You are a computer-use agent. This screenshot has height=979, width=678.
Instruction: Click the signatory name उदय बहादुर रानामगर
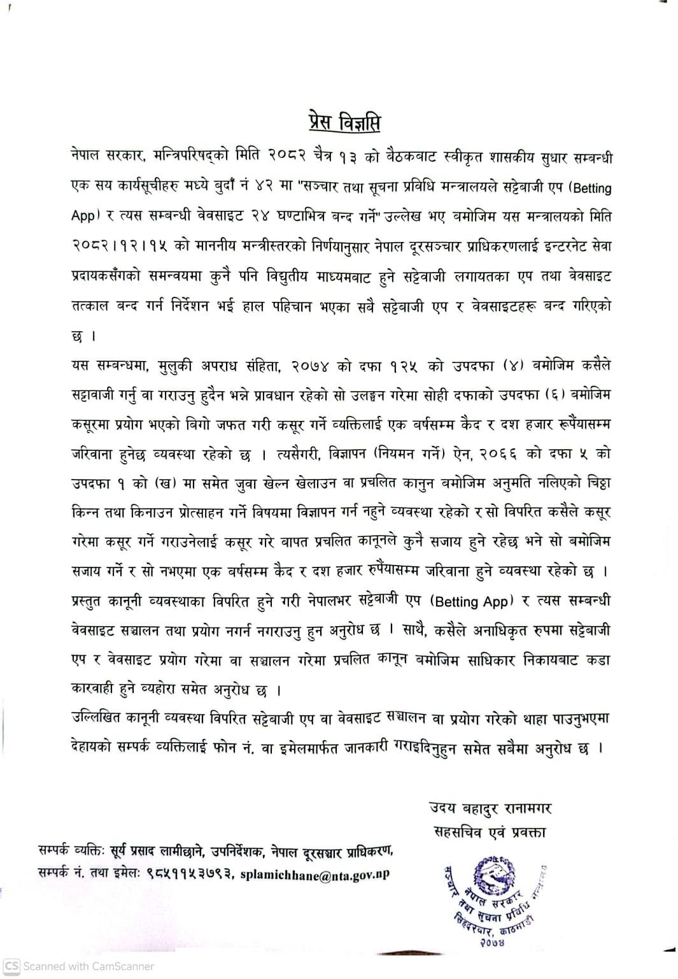click(490, 808)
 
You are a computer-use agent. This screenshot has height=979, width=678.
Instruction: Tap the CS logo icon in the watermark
click(12, 966)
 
